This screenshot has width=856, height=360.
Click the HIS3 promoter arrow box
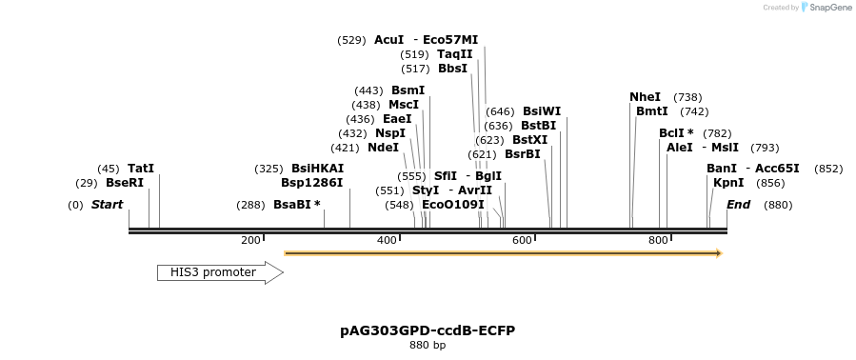[x=220, y=273]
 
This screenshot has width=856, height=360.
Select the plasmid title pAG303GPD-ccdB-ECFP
[x=428, y=330]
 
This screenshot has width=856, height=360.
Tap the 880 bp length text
[x=428, y=345]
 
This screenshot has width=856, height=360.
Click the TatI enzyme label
[x=141, y=169]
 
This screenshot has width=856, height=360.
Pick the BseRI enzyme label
[x=125, y=183]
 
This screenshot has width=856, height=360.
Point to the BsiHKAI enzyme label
[x=317, y=169]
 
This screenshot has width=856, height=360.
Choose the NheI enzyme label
[x=645, y=97]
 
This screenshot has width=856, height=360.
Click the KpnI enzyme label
[x=728, y=183]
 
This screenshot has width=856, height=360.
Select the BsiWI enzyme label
[x=542, y=111]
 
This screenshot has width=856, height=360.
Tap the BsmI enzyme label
[x=408, y=90]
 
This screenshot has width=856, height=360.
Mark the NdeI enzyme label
[x=383, y=148]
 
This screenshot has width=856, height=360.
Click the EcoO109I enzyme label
[x=452, y=205]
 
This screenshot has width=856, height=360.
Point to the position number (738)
[x=687, y=97]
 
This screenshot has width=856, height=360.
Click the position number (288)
[x=250, y=205]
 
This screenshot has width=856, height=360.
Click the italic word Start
[x=107, y=205]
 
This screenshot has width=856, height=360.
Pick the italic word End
[x=739, y=205]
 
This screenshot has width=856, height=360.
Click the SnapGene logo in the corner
[x=826, y=8]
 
